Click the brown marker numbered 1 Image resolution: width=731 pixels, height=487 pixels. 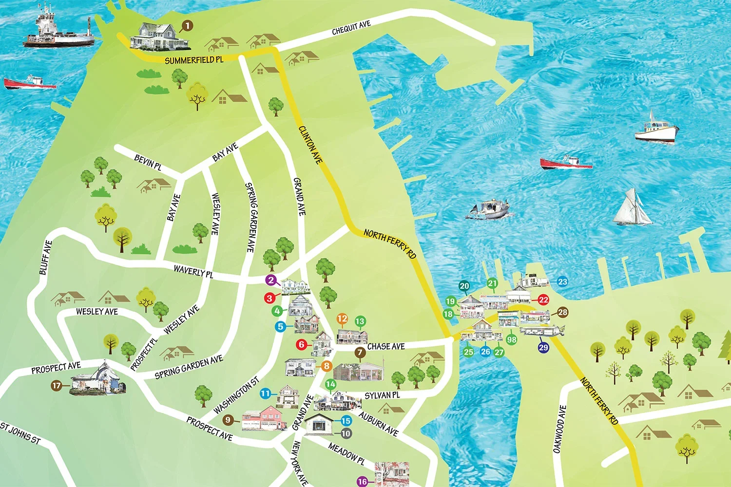tap(187, 26)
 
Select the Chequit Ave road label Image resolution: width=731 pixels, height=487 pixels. tap(351, 28)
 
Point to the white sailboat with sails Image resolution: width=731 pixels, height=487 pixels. tap(632, 208)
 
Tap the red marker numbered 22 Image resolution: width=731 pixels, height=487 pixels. tap(543, 300)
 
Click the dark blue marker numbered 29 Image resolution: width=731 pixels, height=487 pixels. tap(543, 347)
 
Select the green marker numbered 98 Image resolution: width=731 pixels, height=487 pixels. tap(511, 339)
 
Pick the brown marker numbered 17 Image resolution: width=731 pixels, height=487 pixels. tap(57, 386)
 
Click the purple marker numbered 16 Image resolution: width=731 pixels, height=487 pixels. tap(362, 481)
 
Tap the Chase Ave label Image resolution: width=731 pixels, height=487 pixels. tap(386, 346)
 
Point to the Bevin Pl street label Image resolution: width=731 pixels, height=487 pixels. tap(148, 162)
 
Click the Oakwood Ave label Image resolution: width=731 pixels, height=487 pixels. tap(559, 429)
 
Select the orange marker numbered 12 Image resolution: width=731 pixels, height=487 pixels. tap(342, 319)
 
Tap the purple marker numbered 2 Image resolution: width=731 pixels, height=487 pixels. tap(271, 280)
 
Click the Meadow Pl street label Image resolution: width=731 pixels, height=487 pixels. tap(346, 453)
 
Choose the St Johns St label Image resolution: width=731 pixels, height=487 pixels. tap(20, 433)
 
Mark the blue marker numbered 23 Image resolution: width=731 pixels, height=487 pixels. tap(562, 281)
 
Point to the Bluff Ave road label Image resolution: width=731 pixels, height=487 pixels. tap(45, 257)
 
